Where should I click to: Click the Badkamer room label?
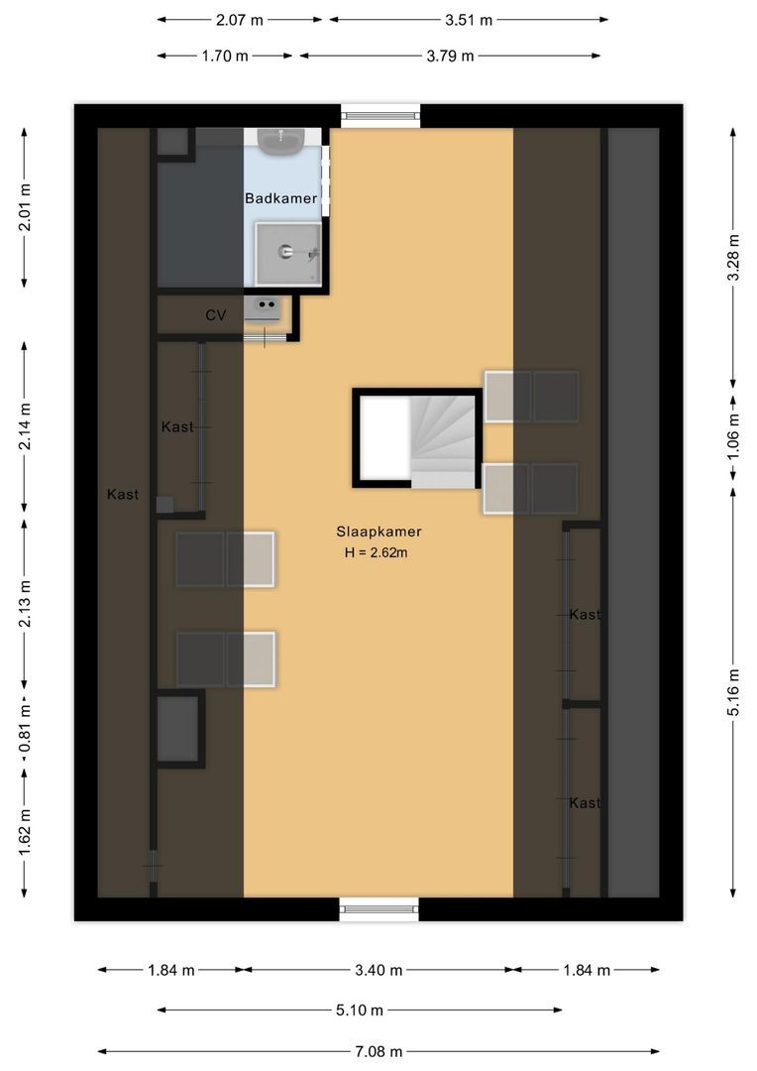281,198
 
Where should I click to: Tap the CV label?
216,315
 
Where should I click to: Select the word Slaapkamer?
378,532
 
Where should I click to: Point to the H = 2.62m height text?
377,552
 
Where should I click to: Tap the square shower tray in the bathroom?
288,254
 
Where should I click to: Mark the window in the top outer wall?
380,115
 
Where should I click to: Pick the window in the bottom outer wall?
378,909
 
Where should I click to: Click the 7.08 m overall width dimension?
379,1051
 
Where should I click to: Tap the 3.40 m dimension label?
378,970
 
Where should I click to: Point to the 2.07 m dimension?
241,19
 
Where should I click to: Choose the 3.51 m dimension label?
469,19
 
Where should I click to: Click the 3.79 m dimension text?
450,56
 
